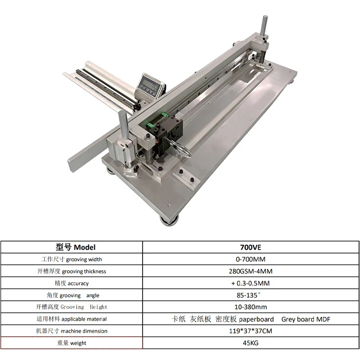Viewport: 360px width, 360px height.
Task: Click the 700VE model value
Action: (x=251, y=247)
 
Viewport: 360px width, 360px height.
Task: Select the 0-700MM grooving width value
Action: (x=251, y=259)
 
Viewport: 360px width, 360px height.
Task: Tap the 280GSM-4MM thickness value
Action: (x=251, y=271)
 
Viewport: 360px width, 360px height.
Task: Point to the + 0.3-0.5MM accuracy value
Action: (x=251, y=283)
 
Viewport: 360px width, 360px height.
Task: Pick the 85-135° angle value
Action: (x=249, y=295)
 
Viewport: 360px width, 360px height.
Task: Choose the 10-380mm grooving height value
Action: (x=251, y=307)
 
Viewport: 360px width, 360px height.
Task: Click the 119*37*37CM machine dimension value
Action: (x=251, y=331)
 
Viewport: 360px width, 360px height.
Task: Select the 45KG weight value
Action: (x=251, y=343)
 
